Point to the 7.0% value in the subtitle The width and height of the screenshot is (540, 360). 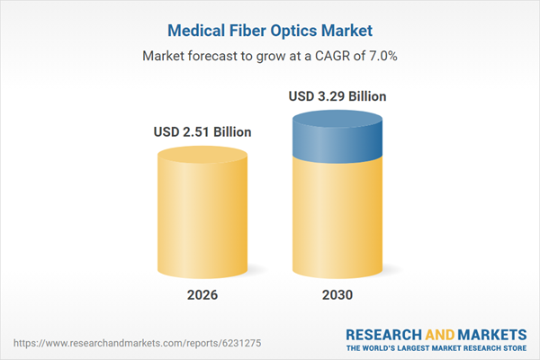pos(380,56)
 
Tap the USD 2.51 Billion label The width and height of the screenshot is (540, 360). pos(202,132)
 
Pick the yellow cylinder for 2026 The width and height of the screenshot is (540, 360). pos(202,220)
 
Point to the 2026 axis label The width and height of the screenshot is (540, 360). pos(202,295)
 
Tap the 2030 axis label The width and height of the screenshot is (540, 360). pos(337,295)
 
